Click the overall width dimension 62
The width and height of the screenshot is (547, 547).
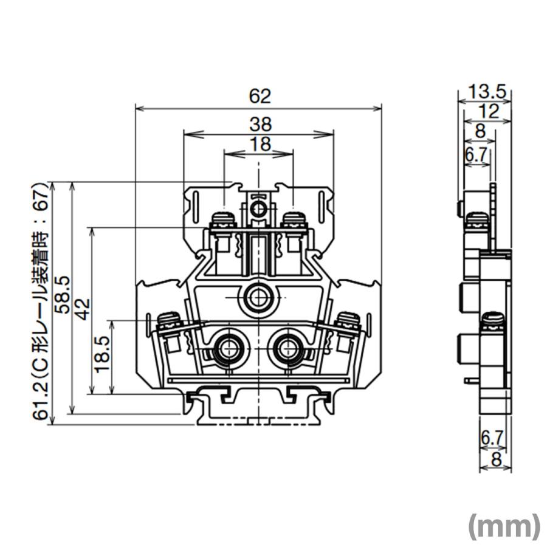pyautogui.click(x=260, y=96)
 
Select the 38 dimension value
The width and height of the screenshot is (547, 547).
pyautogui.click(x=260, y=125)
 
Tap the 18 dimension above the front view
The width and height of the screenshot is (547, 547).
pyautogui.click(x=260, y=144)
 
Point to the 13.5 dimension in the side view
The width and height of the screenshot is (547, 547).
pyautogui.click(x=487, y=92)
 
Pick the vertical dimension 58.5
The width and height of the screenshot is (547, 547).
pyautogui.click(x=62, y=294)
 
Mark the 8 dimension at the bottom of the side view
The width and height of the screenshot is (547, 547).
pyautogui.click(x=496, y=460)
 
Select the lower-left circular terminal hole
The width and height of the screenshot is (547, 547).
pyautogui.click(x=229, y=349)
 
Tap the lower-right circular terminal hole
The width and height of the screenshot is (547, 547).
pyautogui.click(x=289, y=349)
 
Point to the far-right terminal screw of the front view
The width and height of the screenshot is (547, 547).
pyautogui.click(x=348, y=320)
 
